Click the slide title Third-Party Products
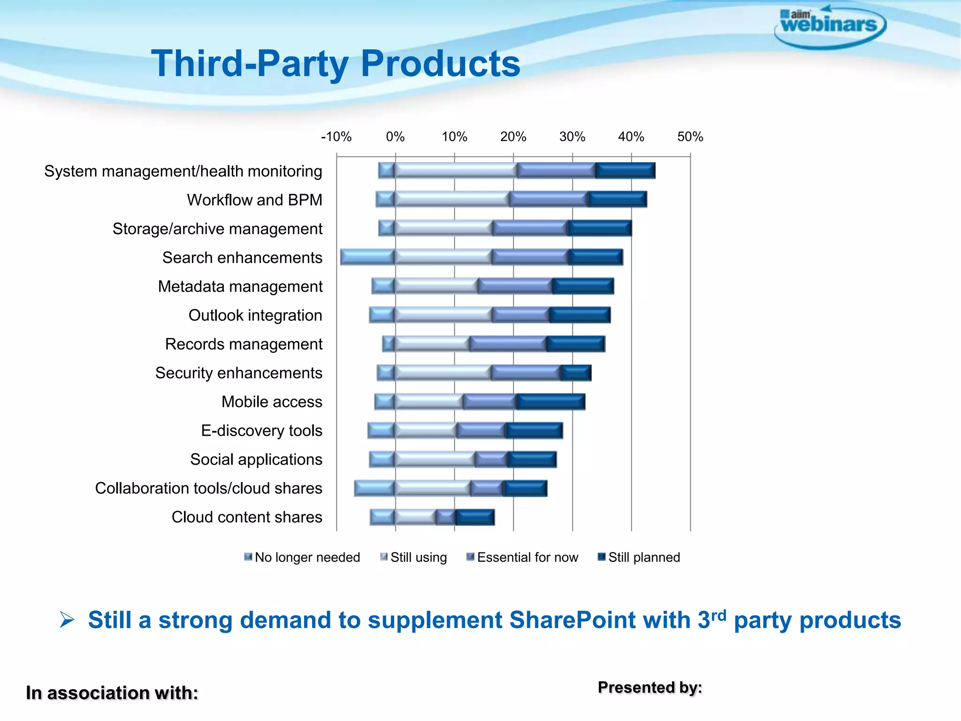(336, 64)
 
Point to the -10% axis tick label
(336, 137)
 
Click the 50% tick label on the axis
(690, 137)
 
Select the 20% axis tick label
(513, 137)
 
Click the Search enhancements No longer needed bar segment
(367, 257)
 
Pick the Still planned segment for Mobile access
(551, 402)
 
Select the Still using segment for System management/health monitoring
(456, 171)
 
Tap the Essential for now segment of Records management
(508, 344)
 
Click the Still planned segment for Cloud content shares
(475, 517)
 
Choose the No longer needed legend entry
(302, 558)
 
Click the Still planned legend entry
(639, 558)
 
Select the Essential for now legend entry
(522, 558)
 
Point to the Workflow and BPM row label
(254, 200)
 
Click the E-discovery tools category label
(261, 431)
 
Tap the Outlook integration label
(255, 315)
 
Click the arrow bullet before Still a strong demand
(67, 620)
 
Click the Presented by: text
(650, 688)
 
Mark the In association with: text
(112, 693)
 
